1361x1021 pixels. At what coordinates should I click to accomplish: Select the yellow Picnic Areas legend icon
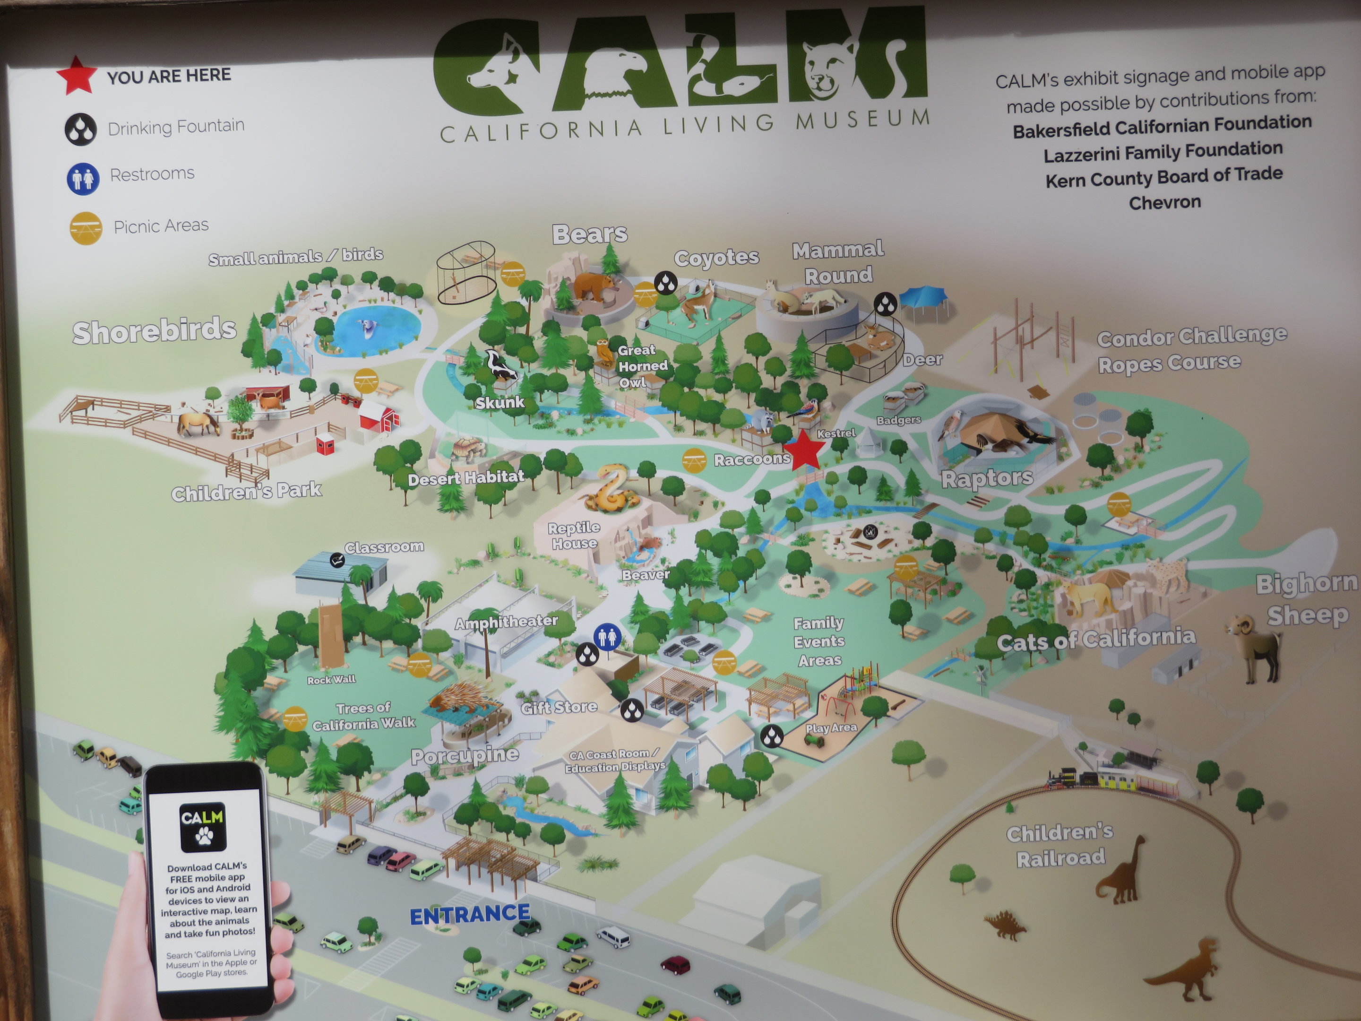coord(86,228)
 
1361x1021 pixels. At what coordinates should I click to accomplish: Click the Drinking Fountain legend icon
coord(81,129)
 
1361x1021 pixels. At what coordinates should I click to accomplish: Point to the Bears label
coord(589,234)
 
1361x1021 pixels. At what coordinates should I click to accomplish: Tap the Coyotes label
coord(716,257)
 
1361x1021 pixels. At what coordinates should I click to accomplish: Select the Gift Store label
coord(559,707)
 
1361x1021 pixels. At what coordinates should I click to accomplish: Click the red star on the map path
coord(803,449)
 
